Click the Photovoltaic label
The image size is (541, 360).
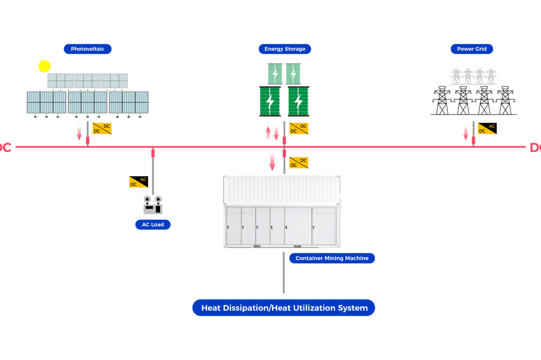pos(88,49)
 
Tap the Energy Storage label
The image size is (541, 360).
pos(285,49)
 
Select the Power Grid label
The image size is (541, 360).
pos(472,49)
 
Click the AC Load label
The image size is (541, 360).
pos(153,224)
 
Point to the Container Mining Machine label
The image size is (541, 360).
pos(332,258)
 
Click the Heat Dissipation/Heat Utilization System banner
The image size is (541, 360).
pos(284,308)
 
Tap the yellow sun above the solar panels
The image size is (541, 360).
pos(44,67)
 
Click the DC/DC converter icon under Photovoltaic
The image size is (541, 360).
pos(102,128)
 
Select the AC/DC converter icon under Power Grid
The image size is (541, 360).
pos(487,128)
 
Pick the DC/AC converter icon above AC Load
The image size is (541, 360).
pos(138,182)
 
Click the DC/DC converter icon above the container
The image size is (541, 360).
pos(299,163)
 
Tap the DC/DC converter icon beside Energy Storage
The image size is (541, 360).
pos(299,128)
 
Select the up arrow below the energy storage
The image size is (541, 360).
pos(268,133)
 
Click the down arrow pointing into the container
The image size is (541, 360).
pos(272,162)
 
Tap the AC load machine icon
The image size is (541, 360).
pos(153,205)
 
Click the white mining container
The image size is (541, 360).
pos(282,211)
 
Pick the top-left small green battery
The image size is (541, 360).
pos(275,74)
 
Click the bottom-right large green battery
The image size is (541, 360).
pos(299,101)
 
